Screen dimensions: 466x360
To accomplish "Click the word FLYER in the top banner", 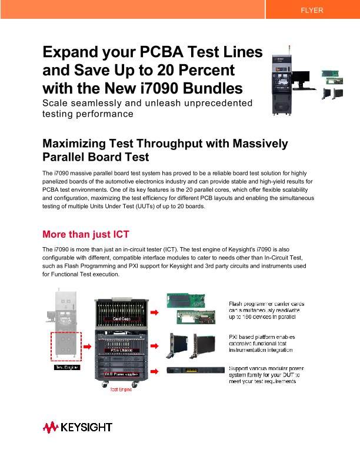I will [x=312, y=11].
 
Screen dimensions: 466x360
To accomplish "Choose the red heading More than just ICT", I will [x=86, y=234].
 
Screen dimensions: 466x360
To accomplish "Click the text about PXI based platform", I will [x=261, y=343].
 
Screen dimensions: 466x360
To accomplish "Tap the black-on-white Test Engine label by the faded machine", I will [x=67, y=367].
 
